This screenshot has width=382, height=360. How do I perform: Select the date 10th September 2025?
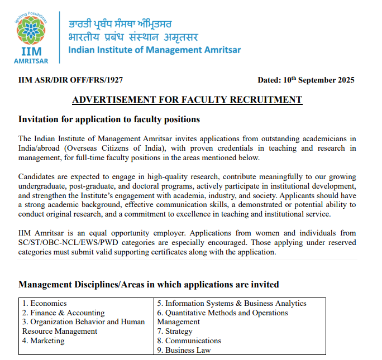click(306, 80)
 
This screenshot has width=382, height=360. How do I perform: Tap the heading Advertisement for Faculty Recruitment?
click(187, 100)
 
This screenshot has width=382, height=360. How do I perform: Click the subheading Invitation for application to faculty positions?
click(109, 119)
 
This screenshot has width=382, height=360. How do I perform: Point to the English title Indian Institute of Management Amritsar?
click(154, 50)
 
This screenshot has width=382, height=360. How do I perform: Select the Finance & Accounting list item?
click(63, 313)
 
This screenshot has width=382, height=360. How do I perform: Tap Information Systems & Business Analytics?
click(232, 303)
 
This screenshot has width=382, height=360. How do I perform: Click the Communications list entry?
click(189, 340)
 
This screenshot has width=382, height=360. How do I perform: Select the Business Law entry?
click(184, 350)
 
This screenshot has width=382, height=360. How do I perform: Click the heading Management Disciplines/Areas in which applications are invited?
click(149, 285)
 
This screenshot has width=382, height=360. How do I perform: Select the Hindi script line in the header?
click(132, 37)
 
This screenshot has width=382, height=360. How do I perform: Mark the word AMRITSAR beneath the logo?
click(31, 60)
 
